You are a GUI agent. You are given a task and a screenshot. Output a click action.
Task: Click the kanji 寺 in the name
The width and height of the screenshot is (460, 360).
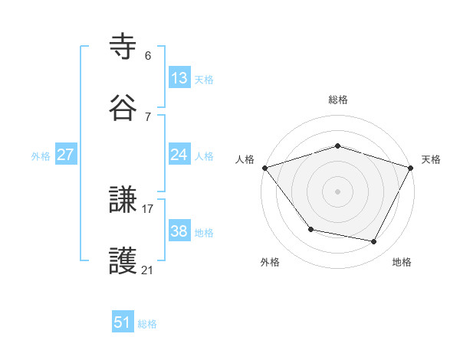pos(123,47)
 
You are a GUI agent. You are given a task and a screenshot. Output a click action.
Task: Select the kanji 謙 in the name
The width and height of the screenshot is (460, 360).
pos(123,201)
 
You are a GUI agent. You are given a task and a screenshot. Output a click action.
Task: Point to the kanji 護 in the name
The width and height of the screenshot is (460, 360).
pos(123,261)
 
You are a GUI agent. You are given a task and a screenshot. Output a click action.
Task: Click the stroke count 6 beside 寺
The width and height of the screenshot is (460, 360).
pos(148,55)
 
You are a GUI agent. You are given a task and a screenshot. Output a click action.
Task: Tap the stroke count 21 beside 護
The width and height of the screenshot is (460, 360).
pos(148,270)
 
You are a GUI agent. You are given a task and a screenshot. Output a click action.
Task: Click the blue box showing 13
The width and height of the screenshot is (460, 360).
pos(179,78)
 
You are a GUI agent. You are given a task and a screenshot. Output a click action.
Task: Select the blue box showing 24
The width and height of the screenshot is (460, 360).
pos(179,155)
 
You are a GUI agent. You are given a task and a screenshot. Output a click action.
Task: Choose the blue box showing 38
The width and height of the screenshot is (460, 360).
pos(179,231)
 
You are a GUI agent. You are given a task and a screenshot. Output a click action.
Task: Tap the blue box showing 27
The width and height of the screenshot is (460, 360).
pos(65,155)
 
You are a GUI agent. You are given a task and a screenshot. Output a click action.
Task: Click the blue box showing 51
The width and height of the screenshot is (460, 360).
pos(123,322)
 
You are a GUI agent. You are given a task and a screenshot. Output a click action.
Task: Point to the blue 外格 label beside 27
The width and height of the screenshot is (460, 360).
pos(41,155)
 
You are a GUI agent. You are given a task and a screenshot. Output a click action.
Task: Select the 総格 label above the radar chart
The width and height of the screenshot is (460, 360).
pos(338,100)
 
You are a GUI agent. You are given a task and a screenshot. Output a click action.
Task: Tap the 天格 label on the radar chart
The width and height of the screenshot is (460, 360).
pos(432,159)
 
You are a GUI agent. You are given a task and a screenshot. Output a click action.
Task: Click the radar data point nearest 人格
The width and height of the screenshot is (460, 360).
pos(264,168)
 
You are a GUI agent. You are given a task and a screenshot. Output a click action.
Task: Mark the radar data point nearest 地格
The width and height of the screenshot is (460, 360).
pos(374,242)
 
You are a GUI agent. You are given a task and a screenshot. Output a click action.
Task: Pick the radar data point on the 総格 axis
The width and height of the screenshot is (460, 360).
pos(337,146)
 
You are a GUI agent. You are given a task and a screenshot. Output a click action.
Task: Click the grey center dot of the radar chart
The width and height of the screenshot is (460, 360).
pos(337,191)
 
